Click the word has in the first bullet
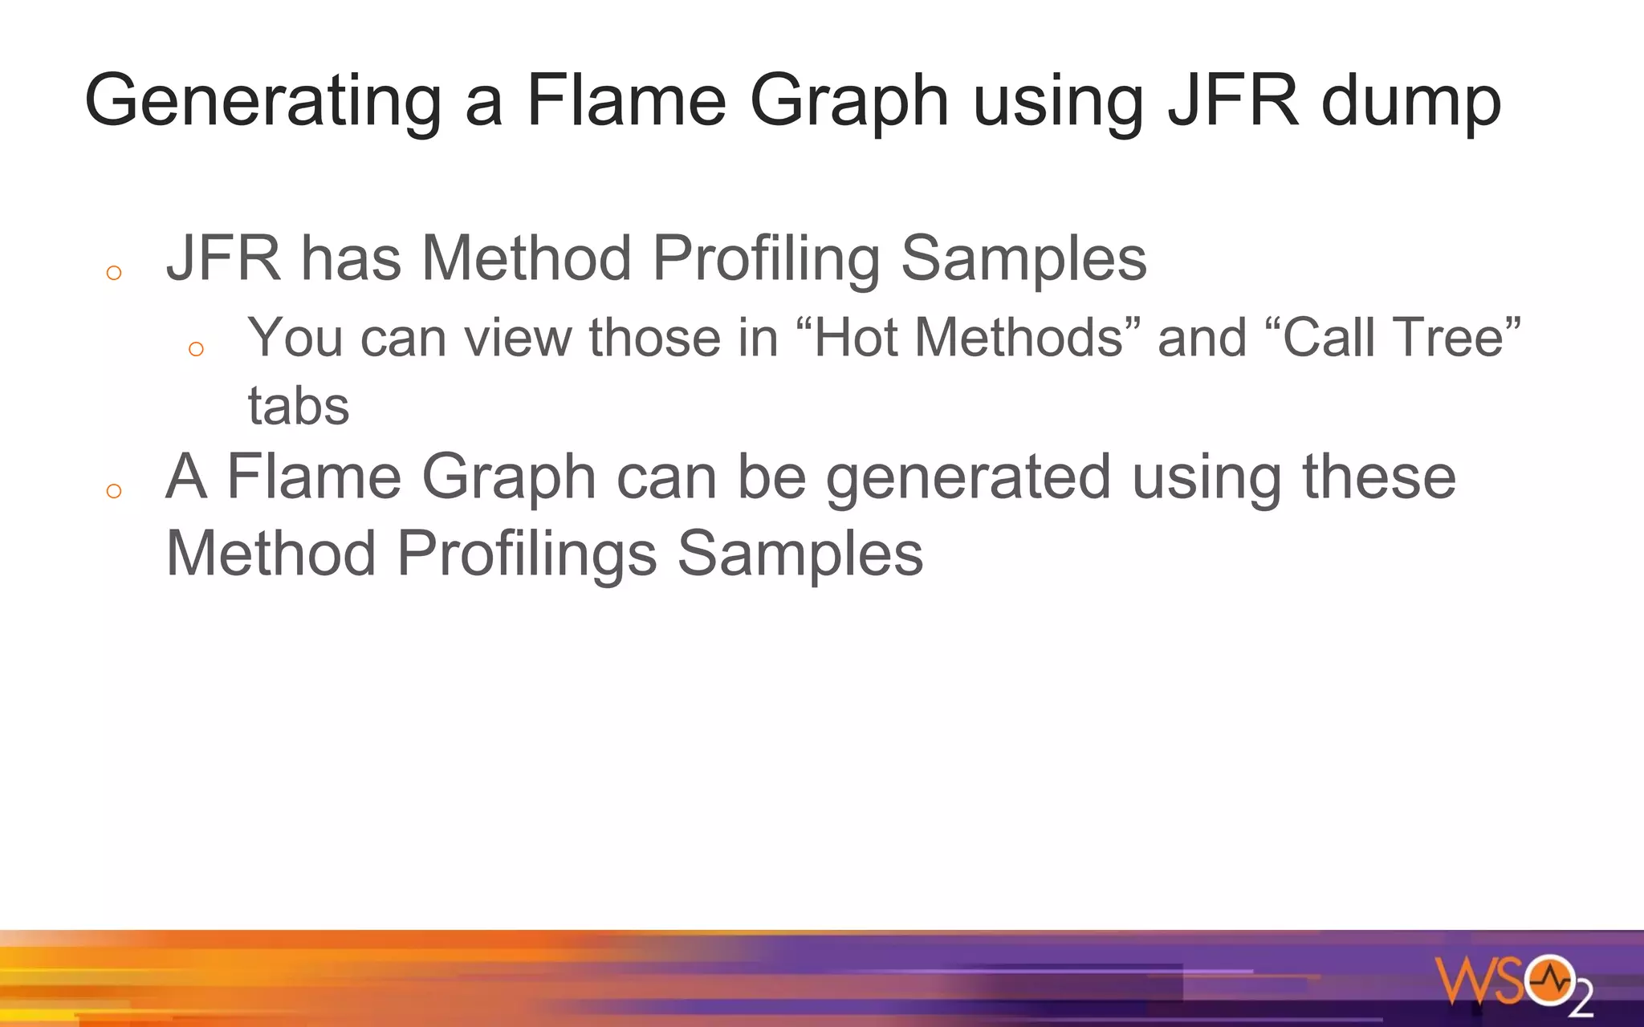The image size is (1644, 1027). pos(351,258)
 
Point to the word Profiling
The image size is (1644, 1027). pos(766,260)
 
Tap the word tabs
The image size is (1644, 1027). pos(299,406)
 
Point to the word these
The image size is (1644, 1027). pos(1379,477)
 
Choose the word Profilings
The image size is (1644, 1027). pos(527,554)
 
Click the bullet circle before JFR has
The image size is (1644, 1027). pos(114,273)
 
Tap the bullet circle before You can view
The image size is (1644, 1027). pos(196,348)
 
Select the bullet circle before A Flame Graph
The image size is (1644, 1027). pos(114,490)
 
